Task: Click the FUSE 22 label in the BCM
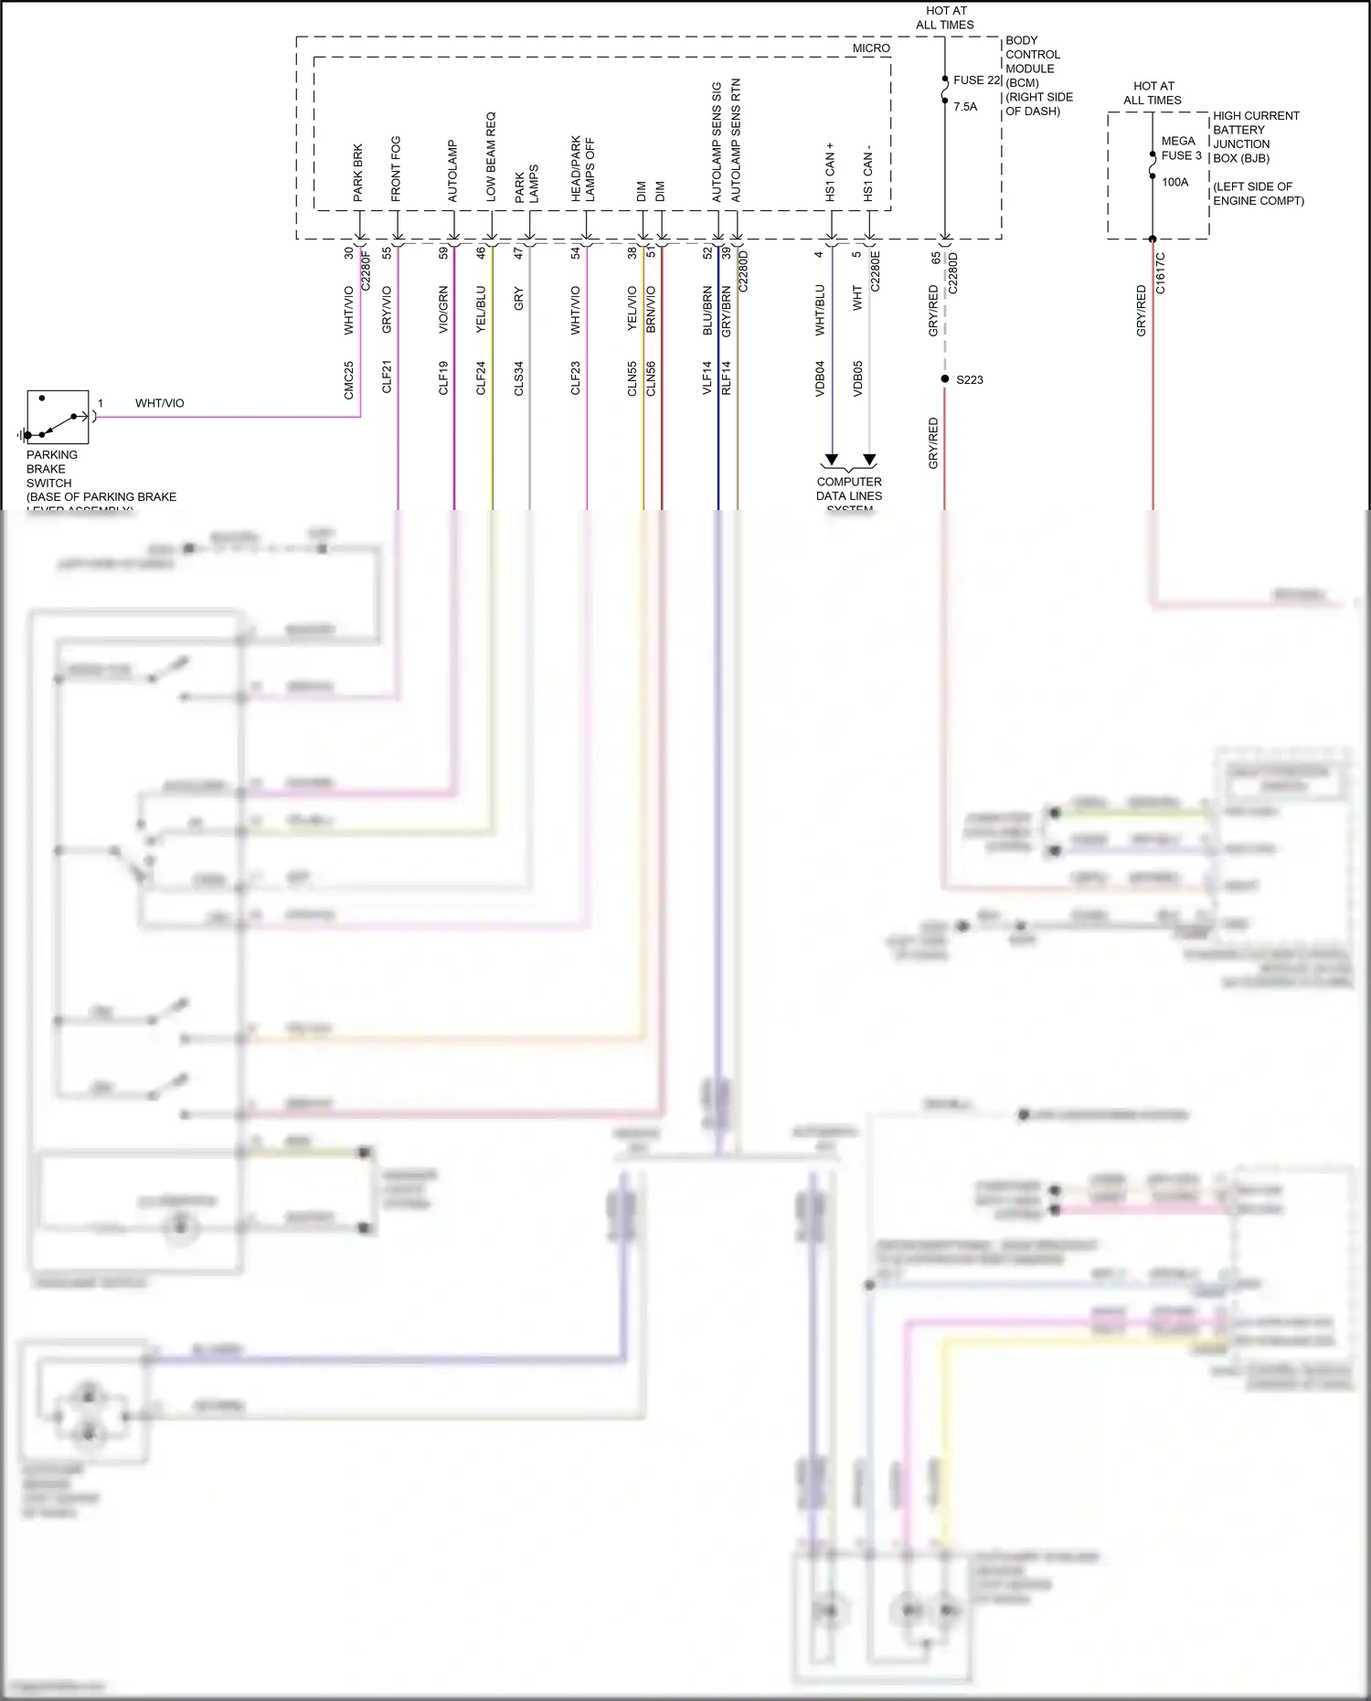point(977,80)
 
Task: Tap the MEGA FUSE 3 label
point(1181,148)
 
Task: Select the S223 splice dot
point(945,378)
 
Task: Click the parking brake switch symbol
point(58,418)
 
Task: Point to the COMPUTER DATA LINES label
point(849,489)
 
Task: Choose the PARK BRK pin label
point(358,173)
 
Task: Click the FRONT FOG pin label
point(396,169)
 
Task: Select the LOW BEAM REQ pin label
point(491,157)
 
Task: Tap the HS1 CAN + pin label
point(830,172)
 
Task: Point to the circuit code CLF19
point(443,377)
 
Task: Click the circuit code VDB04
point(820,377)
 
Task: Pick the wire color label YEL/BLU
point(481,309)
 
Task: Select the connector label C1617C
point(1161,273)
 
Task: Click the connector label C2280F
point(367,271)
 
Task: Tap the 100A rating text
point(1175,183)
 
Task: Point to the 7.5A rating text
point(965,107)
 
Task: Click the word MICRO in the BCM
point(871,48)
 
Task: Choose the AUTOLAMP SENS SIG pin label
point(717,143)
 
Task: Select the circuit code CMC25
point(348,380)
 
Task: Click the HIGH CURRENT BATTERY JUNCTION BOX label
point(1255,137)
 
